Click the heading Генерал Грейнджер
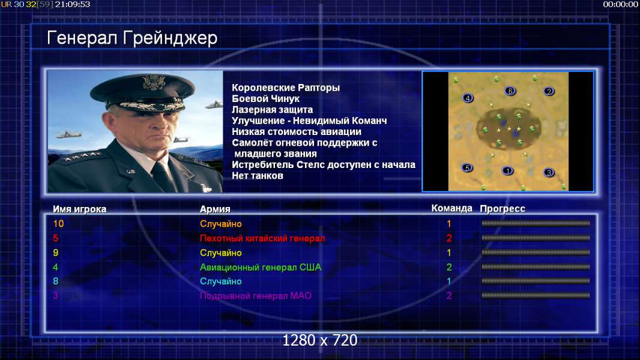[132, 38]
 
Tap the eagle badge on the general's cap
[154, 82]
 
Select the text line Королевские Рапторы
[286, 88]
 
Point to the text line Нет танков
[258, 176]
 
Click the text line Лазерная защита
[272, 110]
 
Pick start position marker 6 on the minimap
[510, 91]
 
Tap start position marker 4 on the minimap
[468, 98]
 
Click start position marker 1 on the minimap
[507, 171]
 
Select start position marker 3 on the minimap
[549, 172]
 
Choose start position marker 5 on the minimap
[467, 167]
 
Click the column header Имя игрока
[80, 209]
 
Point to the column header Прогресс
[503, 209]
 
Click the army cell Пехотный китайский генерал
[262, 239]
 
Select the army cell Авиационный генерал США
[261, 268]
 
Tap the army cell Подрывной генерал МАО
[256, 296]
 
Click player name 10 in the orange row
[58, 224]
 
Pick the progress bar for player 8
[536, 281]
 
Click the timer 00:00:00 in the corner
[620, 4]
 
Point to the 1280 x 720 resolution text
[320, 340]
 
